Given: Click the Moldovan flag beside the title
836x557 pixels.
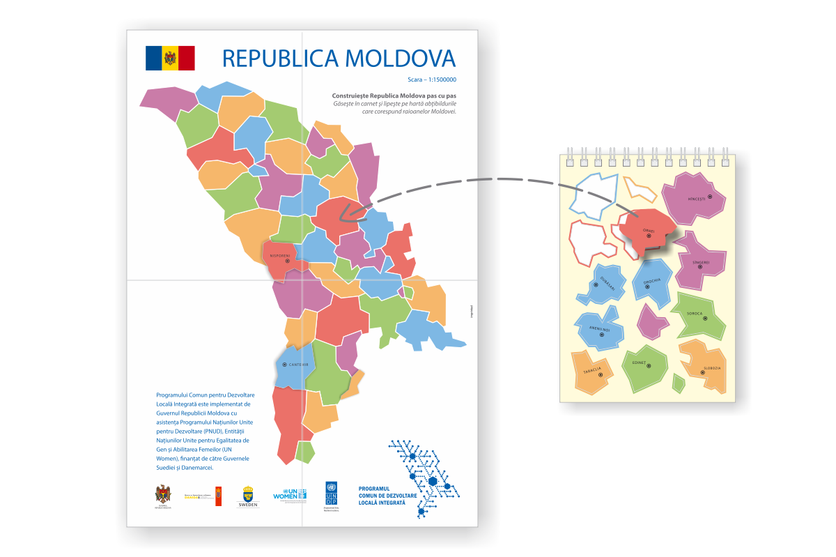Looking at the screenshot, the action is [x=170, y=58].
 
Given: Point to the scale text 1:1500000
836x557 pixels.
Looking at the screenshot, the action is [x=437, y=79].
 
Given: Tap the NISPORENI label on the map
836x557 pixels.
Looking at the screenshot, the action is [x=284, y=255].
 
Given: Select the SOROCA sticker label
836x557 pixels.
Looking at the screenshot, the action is [x=695, y=314].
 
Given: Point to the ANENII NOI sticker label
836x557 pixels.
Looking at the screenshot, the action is [x=600, y=330].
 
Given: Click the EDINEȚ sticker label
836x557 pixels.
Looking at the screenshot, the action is [x=640, y=363].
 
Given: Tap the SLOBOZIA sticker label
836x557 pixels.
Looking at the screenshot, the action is [x=711, y=367].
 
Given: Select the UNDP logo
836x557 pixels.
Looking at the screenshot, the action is [x=331, y=494].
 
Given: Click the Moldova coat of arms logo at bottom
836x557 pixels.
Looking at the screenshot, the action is [x=163, y=495].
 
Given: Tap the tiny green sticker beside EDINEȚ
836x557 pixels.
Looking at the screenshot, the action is [x=678, y=383].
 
